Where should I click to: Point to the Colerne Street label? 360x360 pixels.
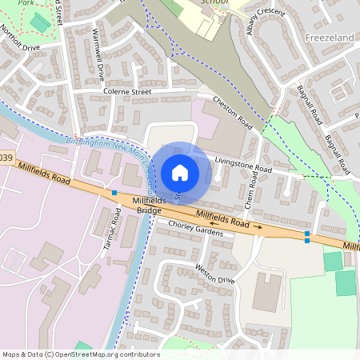point(127,92)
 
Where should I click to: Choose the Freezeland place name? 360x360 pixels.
point(330,37)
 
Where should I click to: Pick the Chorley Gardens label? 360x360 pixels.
point(196,229)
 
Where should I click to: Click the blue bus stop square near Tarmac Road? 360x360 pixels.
point(114,193)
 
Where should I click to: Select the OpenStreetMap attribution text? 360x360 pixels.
point(80,354)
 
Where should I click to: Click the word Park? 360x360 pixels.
point(27,3)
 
